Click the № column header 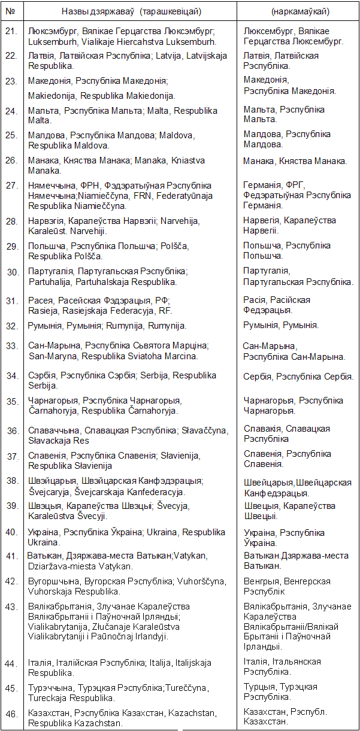[12, 11]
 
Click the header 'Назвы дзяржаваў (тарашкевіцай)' [131, 11]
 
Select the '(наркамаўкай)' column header [298, 11]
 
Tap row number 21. [11, 31]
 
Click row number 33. [12, 346]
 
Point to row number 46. [11, 713]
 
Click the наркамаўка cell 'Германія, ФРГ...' [297, 195]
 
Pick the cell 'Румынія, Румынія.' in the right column [281, 325]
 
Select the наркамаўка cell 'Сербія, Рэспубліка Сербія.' [298, 377]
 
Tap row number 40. [12, 532]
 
